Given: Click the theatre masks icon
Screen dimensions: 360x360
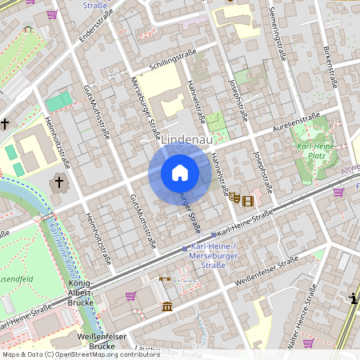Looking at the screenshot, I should (234, 198).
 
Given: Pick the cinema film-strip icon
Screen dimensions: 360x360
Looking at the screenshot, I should (248, 200).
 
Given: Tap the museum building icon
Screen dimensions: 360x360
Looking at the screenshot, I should (166, 306).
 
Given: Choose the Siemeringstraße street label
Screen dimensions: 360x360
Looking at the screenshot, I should (279, 36).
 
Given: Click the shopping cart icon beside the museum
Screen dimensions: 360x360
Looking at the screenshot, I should (130, 295).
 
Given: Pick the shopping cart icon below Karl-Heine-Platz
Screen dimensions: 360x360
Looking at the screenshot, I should (338, 192).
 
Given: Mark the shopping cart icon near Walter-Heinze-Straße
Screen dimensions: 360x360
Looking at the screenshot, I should (308, 342).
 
